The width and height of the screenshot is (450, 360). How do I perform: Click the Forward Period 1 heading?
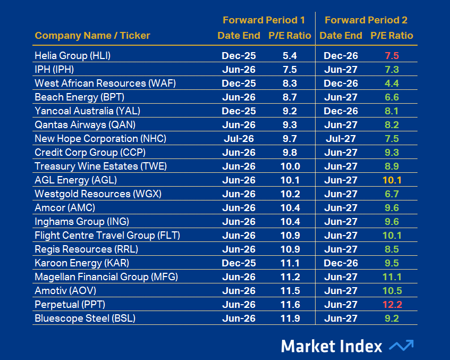[x=264, y=20]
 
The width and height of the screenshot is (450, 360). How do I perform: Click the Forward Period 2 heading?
[x=366, y=20]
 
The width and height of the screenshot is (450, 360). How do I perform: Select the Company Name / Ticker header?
[x=92, y=36]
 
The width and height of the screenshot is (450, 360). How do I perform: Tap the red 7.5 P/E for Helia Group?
[x=392, y=56]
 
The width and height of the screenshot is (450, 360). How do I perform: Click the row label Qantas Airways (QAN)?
[x=85, y=125]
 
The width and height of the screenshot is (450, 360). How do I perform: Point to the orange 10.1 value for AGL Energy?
[x=392, y=180]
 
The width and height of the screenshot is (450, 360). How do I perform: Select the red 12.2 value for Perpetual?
[x=392, y=305]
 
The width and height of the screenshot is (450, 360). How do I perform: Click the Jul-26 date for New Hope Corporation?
[x=239, y=139]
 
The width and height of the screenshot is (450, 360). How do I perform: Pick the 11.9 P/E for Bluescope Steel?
[x=290, y=319]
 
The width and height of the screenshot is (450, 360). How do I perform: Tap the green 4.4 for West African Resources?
[x=392, y=83]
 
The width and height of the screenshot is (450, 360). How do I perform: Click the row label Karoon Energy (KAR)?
[x=82, y=263]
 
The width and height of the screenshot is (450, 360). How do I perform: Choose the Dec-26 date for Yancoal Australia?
[x=341, y=111]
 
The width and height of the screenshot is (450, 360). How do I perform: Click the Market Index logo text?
[x=332, y=346]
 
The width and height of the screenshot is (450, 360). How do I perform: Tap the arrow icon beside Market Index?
[x=401, y=346]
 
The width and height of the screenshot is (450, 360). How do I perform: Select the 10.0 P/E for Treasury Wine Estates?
[x=290, y=166]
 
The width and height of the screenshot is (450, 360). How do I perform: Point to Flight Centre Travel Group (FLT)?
[x=103, y=236]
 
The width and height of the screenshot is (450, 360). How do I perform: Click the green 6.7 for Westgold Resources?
[x=392, y=194]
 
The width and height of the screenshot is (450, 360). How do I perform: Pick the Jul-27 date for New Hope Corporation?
[x=341, y=139]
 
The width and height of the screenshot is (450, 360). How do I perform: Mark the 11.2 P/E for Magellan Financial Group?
[x=290, y=277]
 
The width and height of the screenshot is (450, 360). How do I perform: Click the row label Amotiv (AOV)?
[x=65, y=291]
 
